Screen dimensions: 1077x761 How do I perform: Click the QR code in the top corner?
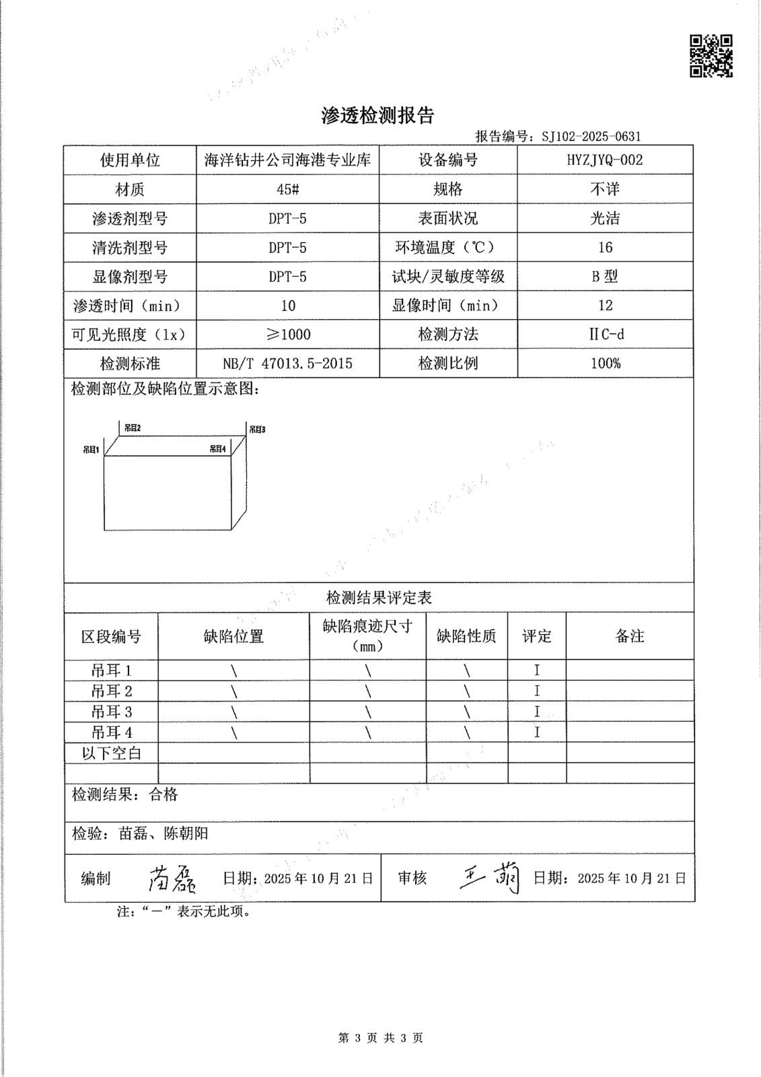tap(711, 55)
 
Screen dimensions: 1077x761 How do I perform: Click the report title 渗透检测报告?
tap(377, 116)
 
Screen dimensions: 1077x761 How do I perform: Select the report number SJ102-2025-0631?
tap(591, 137)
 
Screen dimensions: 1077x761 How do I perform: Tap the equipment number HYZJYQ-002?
tap(604, 160)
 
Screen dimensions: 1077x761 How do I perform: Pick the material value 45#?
tap(287, 190)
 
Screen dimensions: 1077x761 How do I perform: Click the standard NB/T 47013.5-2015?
tap(287, 363)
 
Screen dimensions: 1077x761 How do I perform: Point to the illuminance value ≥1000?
tap(287, 335)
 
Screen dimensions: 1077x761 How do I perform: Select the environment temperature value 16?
tap(605, 248)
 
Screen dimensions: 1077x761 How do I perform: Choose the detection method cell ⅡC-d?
tap(605, 335)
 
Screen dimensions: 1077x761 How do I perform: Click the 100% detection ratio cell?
tap(605, 363)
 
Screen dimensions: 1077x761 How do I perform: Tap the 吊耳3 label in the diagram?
tap(257, 429)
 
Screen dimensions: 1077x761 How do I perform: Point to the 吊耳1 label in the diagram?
tap(92, 449)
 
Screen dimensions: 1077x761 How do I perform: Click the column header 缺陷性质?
tap(466, 636)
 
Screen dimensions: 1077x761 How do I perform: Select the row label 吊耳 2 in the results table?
tap(112, 691)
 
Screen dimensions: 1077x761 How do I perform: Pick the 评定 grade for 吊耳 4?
tap(537, 732)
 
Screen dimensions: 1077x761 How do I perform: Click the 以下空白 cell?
tap(112, 753)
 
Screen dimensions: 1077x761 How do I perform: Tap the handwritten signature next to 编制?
tap(172, 878)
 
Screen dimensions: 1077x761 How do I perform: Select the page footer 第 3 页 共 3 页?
tap(380, 1038)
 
